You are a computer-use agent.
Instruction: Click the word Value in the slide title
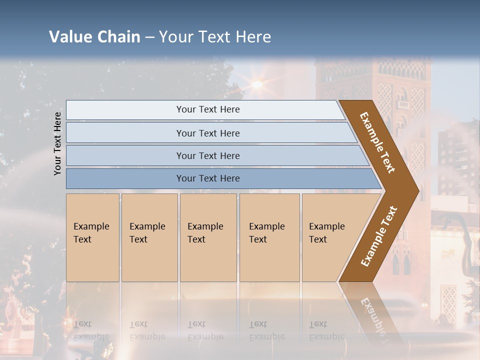click(x=70, y=37)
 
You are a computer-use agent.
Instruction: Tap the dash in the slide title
click(x=150, y=37)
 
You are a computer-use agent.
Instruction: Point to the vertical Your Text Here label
click(x=57, y=143)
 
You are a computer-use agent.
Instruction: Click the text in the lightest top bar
click(x=208, y=109)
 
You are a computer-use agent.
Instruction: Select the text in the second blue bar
click(x=208, y=133)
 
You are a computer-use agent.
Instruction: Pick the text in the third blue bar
click(x=208, y=155)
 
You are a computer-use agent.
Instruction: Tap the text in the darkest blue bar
click(x=208, y=178)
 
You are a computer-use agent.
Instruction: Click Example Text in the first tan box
click(x=91, y=233)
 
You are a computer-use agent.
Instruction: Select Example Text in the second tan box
click(x=147, y=233)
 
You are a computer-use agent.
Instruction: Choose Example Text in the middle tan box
click(x=205, y=233)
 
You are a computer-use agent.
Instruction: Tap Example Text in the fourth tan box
click(x=266, y=233)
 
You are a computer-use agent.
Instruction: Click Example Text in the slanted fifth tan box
click(x=326, y=233)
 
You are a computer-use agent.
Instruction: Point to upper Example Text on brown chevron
click(x=377, y=142)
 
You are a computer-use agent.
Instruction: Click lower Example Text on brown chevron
click(x=378, y=236)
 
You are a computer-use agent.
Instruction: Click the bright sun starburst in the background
click(x=257, y=84)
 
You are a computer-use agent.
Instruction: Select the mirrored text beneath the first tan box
click(x=91, y=330)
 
